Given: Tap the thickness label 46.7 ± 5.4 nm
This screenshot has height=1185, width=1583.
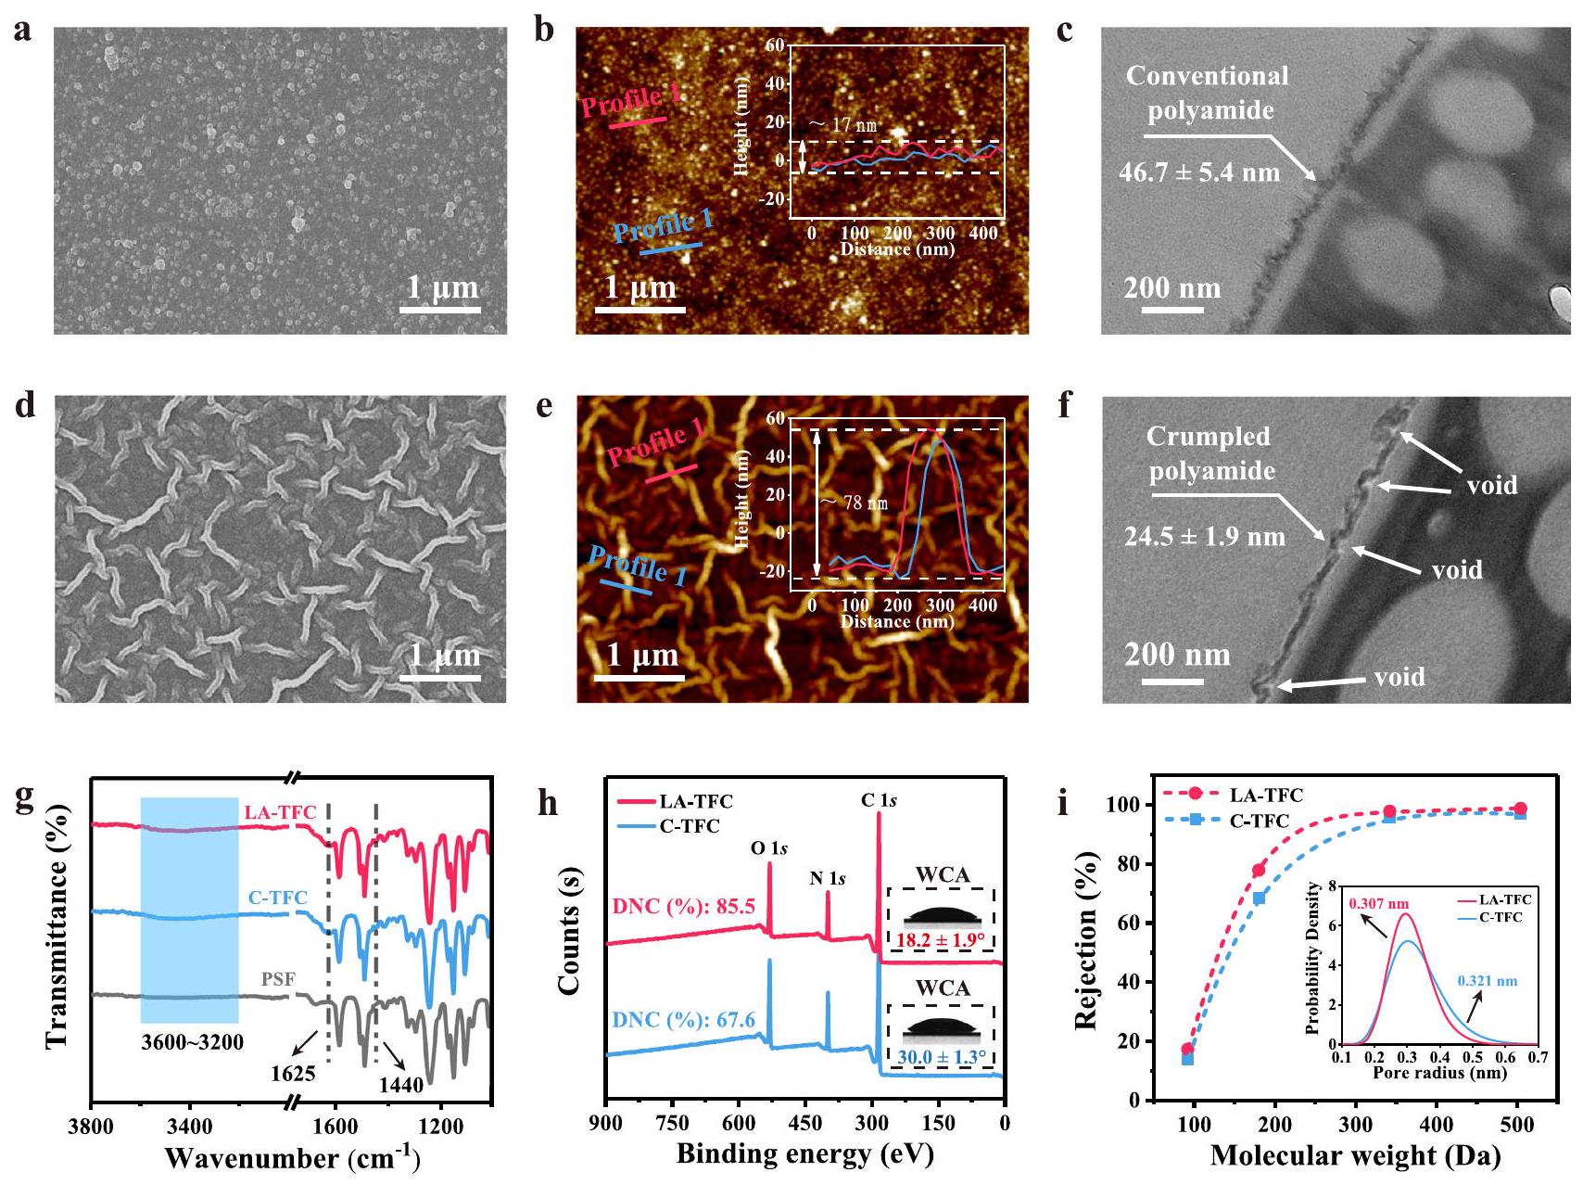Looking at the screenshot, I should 1198,172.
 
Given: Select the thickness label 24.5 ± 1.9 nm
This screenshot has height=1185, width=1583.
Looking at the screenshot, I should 1204,537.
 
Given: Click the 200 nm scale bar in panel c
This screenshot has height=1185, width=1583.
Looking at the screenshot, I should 1171,309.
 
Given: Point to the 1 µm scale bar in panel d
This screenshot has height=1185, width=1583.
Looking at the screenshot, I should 441,679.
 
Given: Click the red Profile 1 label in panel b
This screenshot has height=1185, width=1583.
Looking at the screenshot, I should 630,100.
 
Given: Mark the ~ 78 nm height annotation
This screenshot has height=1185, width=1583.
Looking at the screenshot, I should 854,503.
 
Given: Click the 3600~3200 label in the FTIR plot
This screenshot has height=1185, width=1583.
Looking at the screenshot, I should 192,1042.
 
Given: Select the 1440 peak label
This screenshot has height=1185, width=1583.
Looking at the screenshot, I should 400,1084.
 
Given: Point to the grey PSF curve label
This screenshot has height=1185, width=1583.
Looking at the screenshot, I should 278,980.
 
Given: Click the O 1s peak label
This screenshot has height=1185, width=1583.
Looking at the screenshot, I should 768,848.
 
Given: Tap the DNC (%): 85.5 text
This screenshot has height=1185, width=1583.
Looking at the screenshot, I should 683,906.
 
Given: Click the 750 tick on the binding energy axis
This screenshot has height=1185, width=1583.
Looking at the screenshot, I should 672,1123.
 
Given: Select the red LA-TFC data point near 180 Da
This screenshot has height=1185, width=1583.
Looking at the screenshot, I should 1259,870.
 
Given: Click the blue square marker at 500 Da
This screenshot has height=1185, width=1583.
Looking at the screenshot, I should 1520,813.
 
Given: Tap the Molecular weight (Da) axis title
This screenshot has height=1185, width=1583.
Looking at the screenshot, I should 1355,1155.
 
